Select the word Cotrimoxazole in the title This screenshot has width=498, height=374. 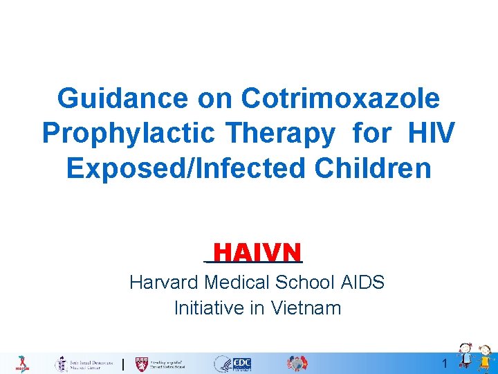340,98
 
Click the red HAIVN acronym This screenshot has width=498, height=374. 257,251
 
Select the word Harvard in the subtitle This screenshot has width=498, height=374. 165,283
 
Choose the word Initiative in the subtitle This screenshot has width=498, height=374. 209,308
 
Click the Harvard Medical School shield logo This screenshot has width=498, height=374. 142,364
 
